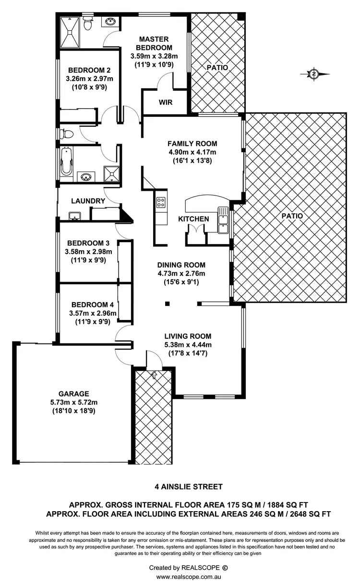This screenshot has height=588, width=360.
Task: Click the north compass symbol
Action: click(314, 74)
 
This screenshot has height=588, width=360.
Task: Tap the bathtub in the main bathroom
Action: click(66, 162)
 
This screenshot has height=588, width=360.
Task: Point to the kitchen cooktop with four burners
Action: click(161, 203)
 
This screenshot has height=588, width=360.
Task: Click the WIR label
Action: click(165, 102)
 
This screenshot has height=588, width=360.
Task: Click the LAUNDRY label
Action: click(88, 201)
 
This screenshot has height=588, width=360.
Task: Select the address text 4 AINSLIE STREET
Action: click(189, 487)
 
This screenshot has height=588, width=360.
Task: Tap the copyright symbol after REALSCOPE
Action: click(225, 567)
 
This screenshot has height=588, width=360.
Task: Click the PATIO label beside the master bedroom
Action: click(217, 68)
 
